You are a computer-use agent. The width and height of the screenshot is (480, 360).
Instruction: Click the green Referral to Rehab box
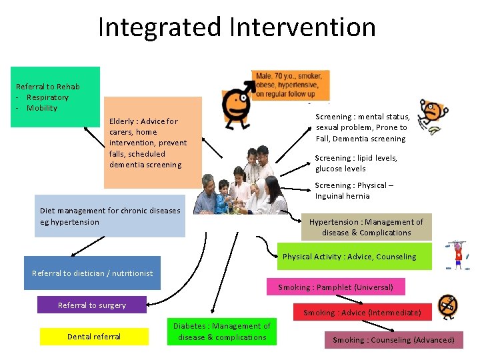pos(55,97)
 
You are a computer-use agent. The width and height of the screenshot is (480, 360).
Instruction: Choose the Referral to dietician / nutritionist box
pos(92,273)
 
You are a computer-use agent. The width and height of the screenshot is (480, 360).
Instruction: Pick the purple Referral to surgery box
pos(91,305)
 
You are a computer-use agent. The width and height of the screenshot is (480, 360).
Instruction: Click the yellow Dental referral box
pos(94,337)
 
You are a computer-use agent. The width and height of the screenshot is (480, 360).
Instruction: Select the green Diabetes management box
pos(221,332)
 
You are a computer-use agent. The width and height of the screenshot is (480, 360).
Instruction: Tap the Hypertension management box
pos(366,227)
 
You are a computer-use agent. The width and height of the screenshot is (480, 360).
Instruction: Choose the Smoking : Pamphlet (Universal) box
pos(335,287)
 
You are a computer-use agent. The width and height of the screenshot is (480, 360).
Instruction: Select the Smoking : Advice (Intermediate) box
pos(362,312)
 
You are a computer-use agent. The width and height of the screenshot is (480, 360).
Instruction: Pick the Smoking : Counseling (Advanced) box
pos(393,340)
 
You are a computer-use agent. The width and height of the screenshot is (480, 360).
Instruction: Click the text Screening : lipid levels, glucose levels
pos(355,163)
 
